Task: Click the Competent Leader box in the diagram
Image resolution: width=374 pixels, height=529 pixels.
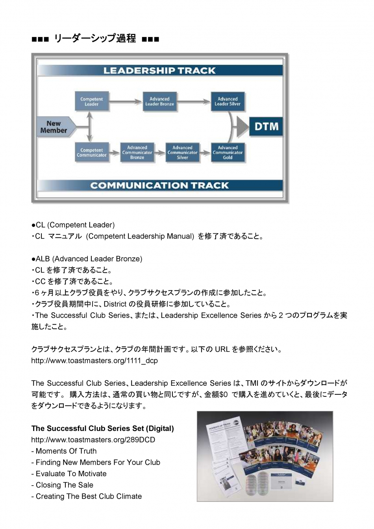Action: click(91, 102)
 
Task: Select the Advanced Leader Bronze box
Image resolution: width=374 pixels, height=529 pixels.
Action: click(159, 102)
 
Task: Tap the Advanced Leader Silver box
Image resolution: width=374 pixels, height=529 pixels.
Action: click(228, 102)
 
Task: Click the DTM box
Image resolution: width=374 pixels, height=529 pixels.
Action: click(266, 126)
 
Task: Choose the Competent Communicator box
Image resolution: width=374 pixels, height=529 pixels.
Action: click(91, 152)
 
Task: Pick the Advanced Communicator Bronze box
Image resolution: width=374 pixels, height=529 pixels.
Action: click(137, 152)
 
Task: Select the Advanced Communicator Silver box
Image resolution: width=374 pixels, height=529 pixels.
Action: click(182, 152)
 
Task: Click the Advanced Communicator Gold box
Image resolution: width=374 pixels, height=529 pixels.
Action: click(228, 152)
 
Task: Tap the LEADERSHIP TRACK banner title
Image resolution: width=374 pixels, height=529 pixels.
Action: click(159, 70)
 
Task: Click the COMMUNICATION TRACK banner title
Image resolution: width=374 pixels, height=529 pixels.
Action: click(159, 185)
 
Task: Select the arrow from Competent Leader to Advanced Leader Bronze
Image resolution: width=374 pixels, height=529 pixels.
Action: click(125, 102)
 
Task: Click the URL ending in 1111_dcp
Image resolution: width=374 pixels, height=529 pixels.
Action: click(94, 361)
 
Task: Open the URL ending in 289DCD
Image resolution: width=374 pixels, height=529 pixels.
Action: click(93, 440)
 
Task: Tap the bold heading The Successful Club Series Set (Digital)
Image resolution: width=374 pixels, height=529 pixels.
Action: click(102, 428)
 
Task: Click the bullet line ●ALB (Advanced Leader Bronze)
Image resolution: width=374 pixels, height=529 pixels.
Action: click(87, 259)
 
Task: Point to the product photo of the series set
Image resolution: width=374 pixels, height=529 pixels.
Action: click(265, 456)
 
